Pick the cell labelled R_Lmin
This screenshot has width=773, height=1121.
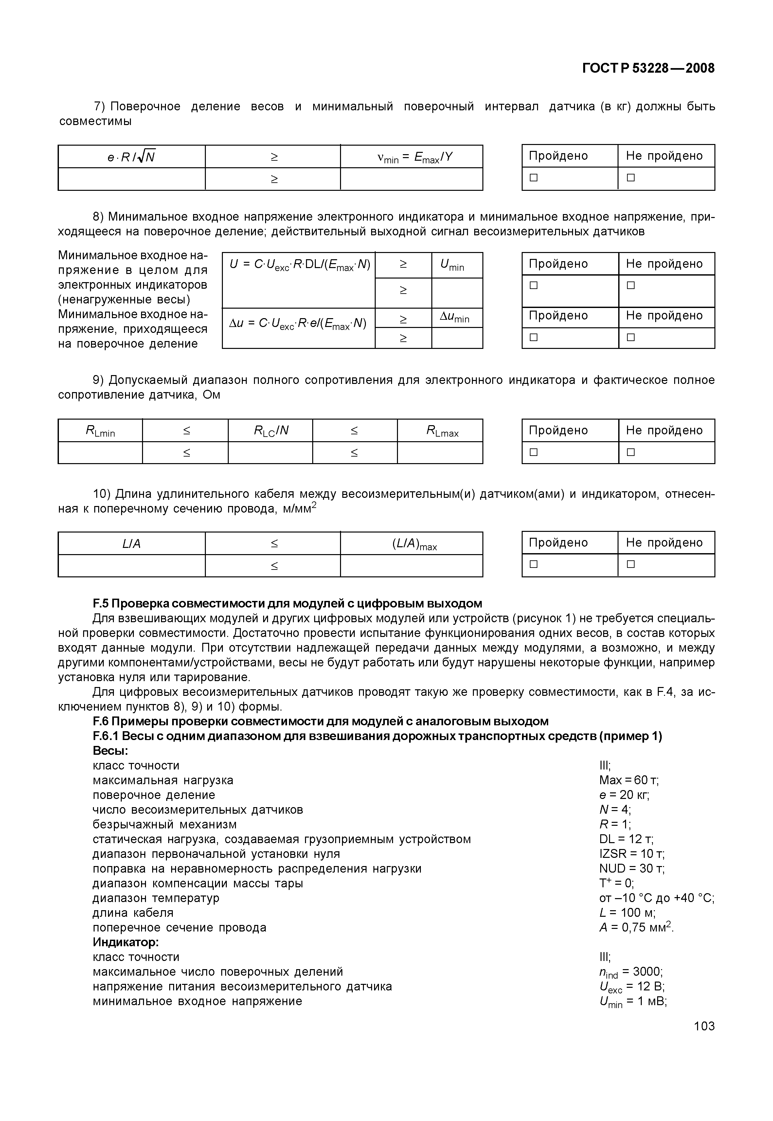pos(100,431)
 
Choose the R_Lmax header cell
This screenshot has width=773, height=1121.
pos(440,431)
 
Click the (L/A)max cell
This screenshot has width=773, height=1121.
pos(412,544)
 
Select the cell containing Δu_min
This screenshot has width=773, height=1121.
pos(457,318)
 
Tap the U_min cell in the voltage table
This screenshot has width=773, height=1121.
pos(457,265)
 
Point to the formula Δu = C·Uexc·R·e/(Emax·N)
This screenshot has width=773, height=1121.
pos(298,324)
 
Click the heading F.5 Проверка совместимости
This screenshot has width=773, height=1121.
pos(287,604)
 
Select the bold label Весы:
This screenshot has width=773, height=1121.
pos(110,751)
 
